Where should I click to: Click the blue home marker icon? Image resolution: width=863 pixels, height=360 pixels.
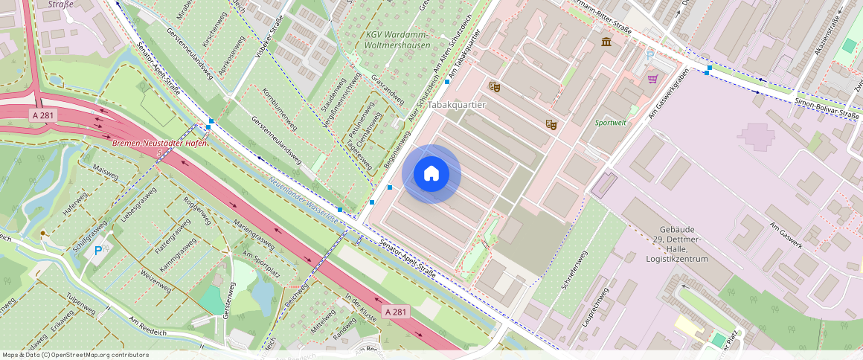click(x=431, y=174)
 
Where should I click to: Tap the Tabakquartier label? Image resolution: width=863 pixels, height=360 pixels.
click(x=456, y=105)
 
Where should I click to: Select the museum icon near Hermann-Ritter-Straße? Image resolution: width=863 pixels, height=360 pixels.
click(x=606, y=42)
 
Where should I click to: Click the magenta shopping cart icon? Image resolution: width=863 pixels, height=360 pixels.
click(x=652, y=78)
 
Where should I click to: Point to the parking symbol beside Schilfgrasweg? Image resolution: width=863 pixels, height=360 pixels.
click(x=99, y=251)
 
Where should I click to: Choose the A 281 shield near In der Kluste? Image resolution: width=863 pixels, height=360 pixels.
click(x=397, y=311)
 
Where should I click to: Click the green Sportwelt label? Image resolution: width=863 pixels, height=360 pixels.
click(x=611, y=122)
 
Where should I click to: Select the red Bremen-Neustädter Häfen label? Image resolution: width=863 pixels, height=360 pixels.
click(x=158, y=143)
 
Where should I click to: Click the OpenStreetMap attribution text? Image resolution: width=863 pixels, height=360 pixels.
click(x=75, y=355)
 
